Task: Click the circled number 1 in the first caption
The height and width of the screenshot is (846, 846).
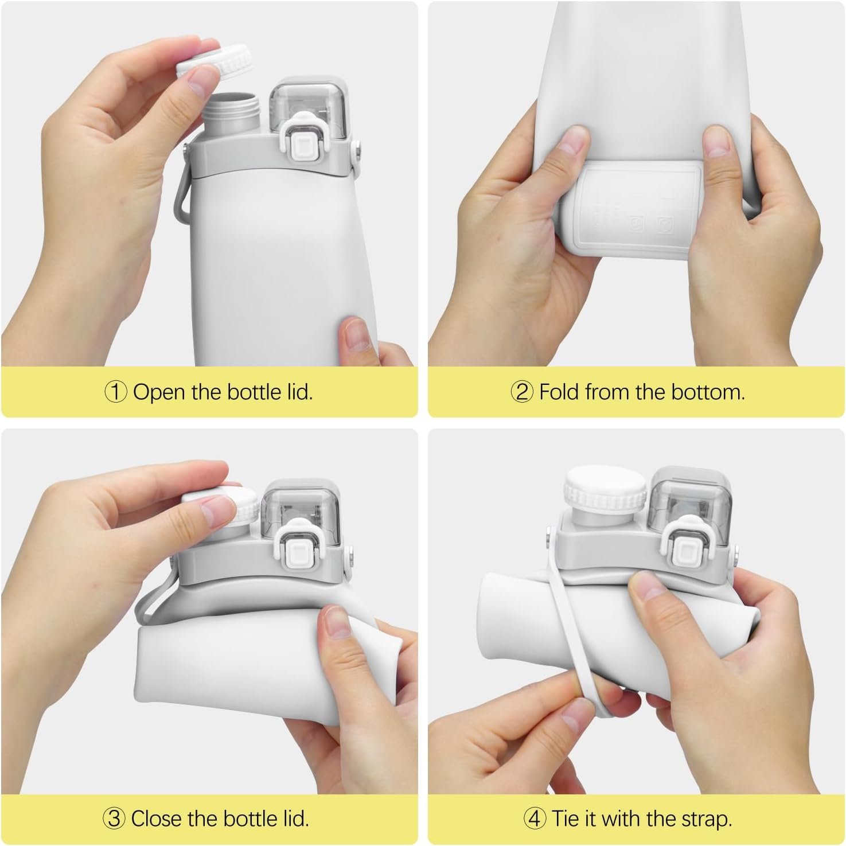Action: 116,392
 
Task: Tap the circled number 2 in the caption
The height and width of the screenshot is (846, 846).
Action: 522,392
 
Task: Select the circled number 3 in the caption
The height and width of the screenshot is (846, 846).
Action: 114,818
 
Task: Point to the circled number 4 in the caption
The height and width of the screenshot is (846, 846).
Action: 535,818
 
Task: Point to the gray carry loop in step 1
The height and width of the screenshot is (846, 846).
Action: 183,198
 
